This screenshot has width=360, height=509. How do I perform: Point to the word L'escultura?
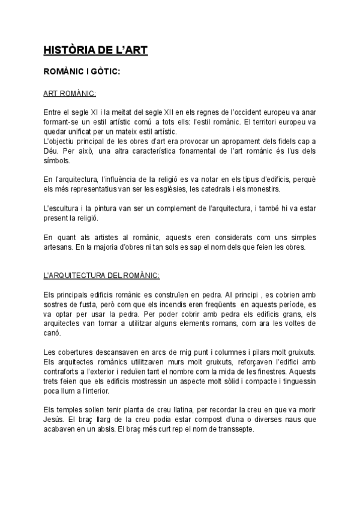pos(65,208)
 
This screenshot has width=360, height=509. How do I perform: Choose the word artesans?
pos(61,247)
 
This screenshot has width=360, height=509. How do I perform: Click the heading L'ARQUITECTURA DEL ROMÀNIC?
pos(101,276)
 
